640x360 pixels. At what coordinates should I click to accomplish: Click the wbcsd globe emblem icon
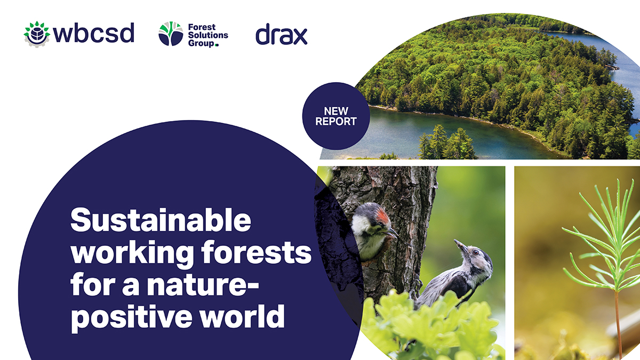(36, 34)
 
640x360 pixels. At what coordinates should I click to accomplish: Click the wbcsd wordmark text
(93, 34)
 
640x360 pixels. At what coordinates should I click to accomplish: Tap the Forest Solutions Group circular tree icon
(171, 34)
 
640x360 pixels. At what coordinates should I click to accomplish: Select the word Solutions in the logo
(207, 35)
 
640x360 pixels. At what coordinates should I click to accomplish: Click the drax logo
(281, 35)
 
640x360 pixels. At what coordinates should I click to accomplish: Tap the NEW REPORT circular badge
(335, 116)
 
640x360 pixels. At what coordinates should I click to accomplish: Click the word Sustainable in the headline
(160, 220)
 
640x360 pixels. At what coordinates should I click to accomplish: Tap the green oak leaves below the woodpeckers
(421, 325)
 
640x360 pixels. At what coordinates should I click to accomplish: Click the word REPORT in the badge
(335, 121)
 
